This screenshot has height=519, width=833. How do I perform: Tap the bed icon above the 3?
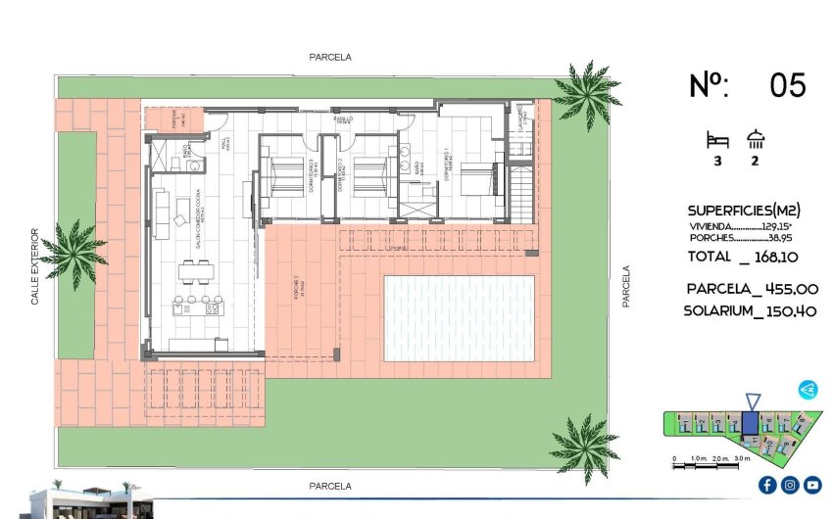pyautogui.click(x=717, y=139)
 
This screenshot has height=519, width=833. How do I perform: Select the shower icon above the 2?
pyautogui.click(x=756, y=139)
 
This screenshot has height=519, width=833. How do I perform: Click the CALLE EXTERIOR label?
pyautogui.click(x=35, y=266)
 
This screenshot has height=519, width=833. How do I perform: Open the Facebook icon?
pyautogui.click(x=767, y=485)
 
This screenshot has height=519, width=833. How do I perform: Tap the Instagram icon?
pyautogui.click(x=790, y=485)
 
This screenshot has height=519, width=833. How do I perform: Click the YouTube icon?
pyautogui.click(x=812, y=485)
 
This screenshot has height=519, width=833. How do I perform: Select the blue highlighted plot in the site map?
pyautogui.click(x=750, y=423)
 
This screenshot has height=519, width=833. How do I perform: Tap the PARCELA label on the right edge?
pyautogui.click(x=626, y=287)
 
